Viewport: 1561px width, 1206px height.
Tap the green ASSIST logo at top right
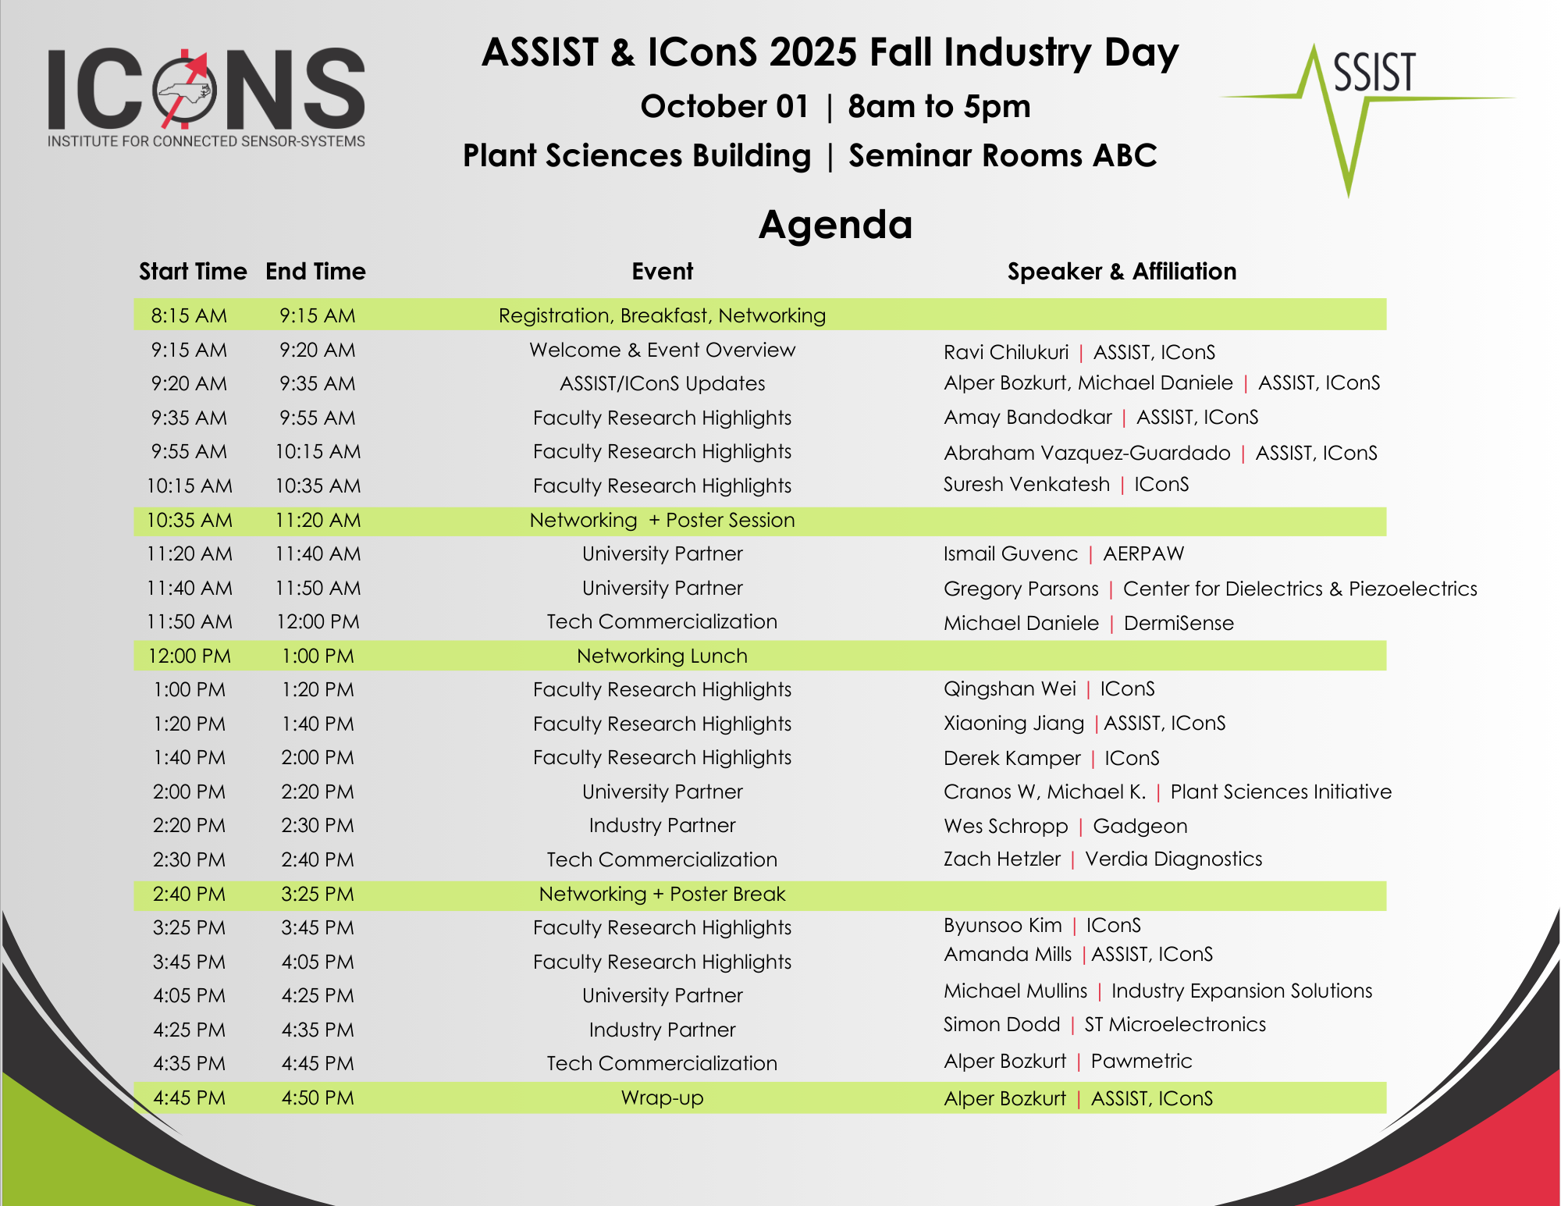[x=1367, y=117]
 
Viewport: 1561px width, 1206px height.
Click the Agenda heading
[x=835, y=225]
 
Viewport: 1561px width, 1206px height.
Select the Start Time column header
[x=193, y=271]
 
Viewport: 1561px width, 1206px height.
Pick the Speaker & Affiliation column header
[x=1122, y=271]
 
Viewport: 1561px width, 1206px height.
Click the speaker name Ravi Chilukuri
[x=1006, y=352]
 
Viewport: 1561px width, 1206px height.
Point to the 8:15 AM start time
[x=189, y=315]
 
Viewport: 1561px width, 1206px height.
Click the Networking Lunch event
[x=662, y=656]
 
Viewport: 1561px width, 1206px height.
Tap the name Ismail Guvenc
[x=1011, y=553]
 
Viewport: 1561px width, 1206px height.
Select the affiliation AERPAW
[x=1143, y=553]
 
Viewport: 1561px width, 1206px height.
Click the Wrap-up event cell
[x=662, y=1097]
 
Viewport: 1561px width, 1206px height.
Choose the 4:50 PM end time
[x=318, y=1097]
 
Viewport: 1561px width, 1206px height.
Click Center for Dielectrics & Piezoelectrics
[x=1300, y=589]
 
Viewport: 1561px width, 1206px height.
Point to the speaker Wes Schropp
[x=1005, y=826]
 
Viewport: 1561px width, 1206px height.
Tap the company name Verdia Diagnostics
[x=1174, y=859]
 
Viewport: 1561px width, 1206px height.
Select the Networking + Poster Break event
[x=662, y=894]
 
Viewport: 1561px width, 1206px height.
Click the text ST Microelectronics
[x=1175, y=1024]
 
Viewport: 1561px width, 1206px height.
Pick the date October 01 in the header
[x=724, y=106]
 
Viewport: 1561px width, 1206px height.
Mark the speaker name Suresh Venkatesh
[x=1026, y=484]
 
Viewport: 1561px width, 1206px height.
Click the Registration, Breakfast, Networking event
[x=662, y=315]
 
